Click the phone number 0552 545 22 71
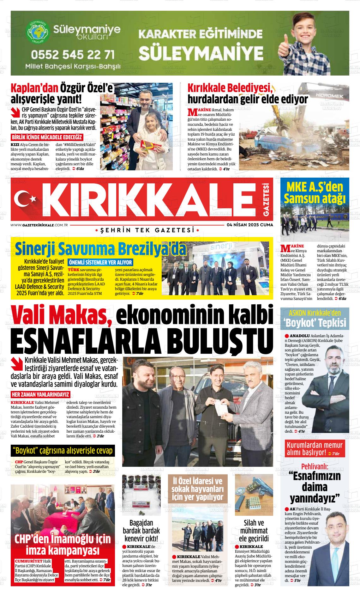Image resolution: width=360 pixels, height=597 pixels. coord(73,55)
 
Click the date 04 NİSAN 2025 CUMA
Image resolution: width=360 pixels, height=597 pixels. coord(250,225)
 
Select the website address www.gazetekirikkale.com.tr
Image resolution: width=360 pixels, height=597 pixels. coord(39,225)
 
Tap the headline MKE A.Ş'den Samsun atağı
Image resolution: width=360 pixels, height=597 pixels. coord(315,193)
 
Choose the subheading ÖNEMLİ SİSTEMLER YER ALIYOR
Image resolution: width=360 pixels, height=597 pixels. coord(100,262)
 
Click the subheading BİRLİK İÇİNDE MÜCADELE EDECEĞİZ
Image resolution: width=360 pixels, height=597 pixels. coord(47,137)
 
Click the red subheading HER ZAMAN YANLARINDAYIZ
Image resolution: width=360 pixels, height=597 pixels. coord(40,395)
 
